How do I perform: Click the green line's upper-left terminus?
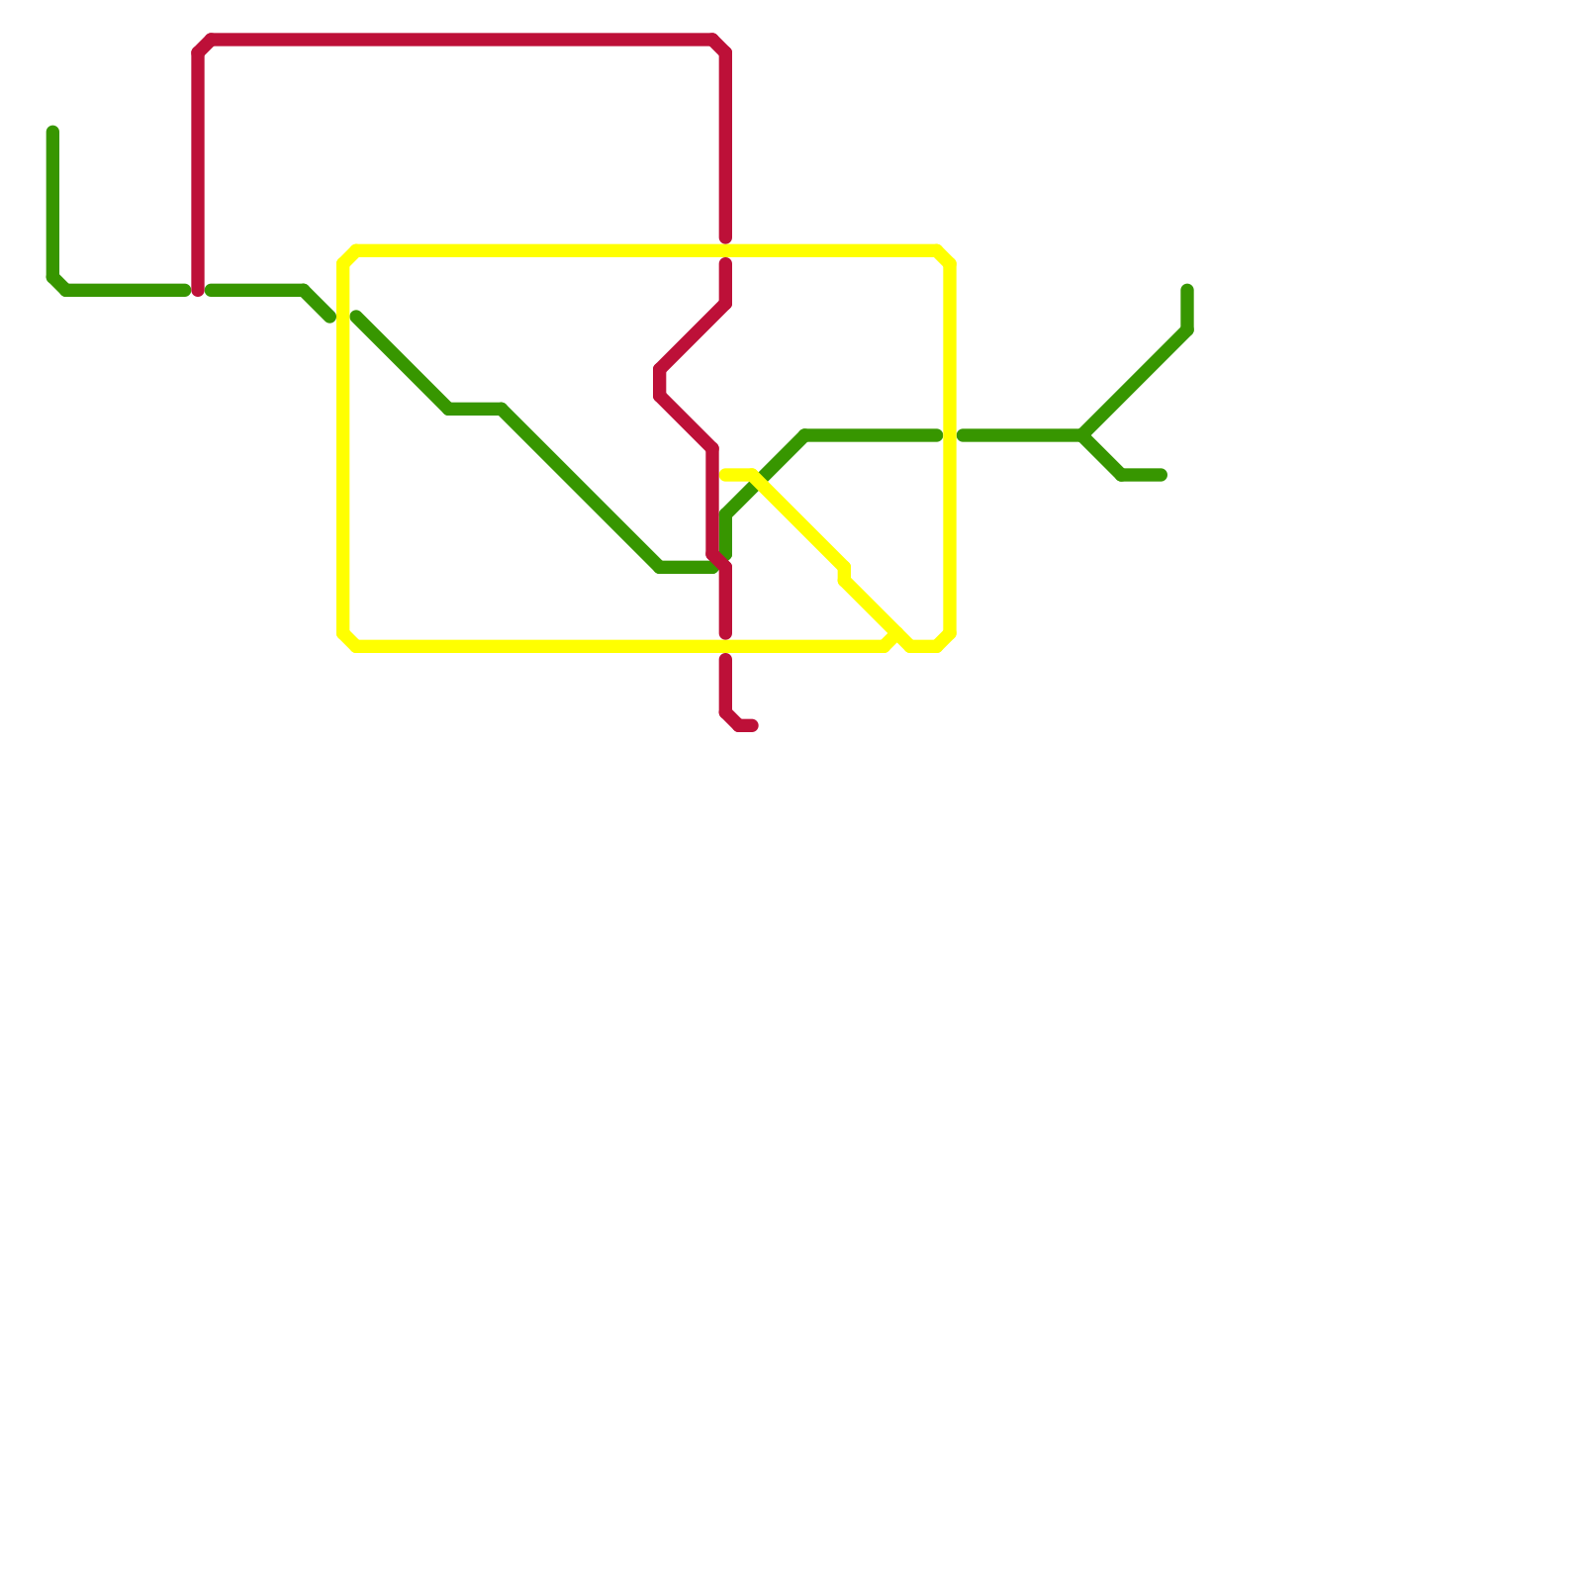(x=52, y=132)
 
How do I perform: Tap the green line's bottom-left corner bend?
(x=57, y=285)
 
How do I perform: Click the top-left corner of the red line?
(x=204, y=46)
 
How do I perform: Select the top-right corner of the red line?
(x=720, y=46)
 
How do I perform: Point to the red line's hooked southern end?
(x=753, y=726)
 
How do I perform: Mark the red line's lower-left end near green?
(x=199, y=291)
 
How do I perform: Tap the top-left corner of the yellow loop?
(x=349, y=256)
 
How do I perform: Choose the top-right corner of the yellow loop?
(x=944, y=256)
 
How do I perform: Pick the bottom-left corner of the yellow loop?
(x=349, y=640)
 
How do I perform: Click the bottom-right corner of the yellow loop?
(x=944, y=640)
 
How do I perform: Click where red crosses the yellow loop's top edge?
(x=725, y=250)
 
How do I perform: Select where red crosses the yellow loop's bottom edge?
(x=725, y=646)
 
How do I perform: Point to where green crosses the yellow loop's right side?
(x=950, y=436)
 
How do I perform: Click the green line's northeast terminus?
(x=1187, y=290)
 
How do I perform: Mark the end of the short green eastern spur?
(x=1162, y=476)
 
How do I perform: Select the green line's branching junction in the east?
(x=1084, y=436)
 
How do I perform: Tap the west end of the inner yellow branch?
(x=726, y=476)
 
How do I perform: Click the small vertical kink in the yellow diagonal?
(x=844, y=573)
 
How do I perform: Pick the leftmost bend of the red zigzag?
(x=659, y=383)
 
